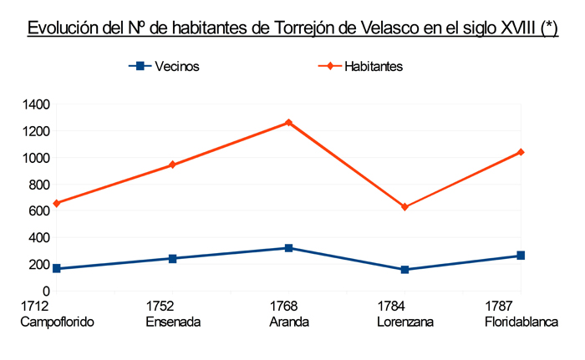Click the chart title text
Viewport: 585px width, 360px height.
(292, 28)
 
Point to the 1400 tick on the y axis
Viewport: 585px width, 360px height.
(37, 104)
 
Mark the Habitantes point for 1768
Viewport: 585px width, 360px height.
(288, 123)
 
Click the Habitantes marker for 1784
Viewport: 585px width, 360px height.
(405, 207)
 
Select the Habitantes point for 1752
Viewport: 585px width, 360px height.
(172, 165)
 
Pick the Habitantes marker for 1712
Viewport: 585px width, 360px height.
(56, 203)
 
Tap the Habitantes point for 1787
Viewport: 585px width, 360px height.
(521, 152)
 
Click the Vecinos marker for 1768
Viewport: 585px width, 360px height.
(288, 248)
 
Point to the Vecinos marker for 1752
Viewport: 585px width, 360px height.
(172, 258)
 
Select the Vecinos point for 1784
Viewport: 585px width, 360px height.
(405, 270)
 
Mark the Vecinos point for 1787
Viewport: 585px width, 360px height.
(521, 256)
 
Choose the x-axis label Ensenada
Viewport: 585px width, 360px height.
(173, 322)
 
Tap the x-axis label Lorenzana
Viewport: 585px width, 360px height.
(404, 322)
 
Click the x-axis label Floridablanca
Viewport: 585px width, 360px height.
(521, 322)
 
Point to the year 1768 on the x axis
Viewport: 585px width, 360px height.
(288, 306)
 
